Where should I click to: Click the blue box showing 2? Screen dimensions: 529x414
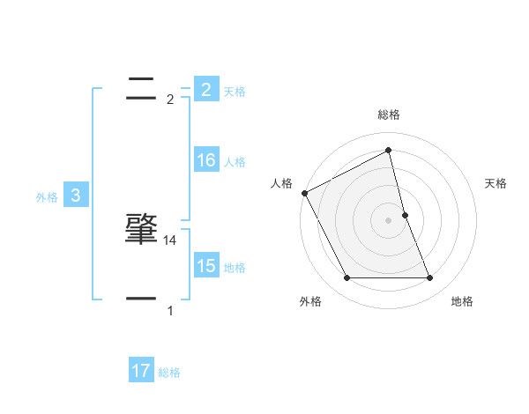pyautogui.click(x=205, y=89)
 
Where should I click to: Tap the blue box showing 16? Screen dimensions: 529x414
pyautogui.click(x=205, y=160)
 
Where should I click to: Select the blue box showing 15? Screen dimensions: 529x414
pyautogui.click(x=205, y=266)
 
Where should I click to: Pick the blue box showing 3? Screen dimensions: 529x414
pyautogui.click(x=75, y=196)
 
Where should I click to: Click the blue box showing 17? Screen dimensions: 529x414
pyautogui.click(x=141, y=371)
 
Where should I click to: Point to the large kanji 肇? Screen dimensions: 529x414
pyautogui.click(x=141, y=228)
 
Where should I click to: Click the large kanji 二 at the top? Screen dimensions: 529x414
pyautogui.click(x=141, y=87)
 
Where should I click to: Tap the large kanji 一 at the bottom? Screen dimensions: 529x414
pyautogui.click(x=141, y=299)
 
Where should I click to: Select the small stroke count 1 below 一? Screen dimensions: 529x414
pyautogui.click(x=170, y=310)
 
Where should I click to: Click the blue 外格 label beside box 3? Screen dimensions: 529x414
pyautogui.click(x=47, y=197)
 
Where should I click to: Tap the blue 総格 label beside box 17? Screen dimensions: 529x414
pyautogui.click(x=169, y=373)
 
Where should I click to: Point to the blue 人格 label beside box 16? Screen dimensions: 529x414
pyautogui.click(x=235, y=162)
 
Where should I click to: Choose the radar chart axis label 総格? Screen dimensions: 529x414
pyautogui.click(x=389, y=115)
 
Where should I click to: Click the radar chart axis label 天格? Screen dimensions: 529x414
pyautogui.click(x=496, y=183)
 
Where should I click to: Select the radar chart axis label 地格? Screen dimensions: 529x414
pyautogui.click(x=462, y=302)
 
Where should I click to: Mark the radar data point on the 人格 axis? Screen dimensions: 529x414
pyautogui.click(x=304, y=193)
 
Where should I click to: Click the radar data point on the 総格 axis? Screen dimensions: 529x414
pyautogui.click(x=389, y=150)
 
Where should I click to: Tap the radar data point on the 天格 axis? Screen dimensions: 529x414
pyautogui.click(x=405, y=215)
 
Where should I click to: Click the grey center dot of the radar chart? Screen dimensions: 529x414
pyautogui.click(x=389, y=220)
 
